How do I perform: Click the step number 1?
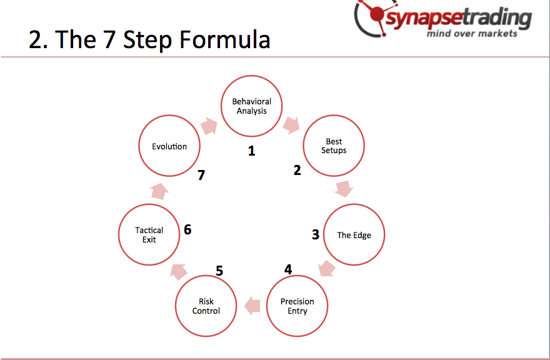251,151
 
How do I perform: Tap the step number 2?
297,170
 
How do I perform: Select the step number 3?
316,234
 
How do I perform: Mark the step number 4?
288,269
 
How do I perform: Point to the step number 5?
219,271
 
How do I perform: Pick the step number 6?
187,229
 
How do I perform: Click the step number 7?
201,175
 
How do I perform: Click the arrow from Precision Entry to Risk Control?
252,306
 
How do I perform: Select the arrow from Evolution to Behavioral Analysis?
209,126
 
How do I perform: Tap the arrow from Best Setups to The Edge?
344,189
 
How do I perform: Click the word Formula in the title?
225,39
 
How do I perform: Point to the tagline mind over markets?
472,34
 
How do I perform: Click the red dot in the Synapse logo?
377,14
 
